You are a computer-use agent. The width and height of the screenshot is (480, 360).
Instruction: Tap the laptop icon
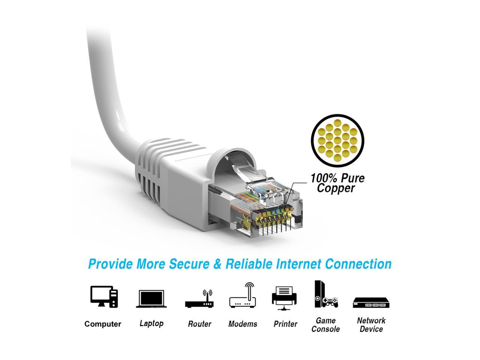click(150, 299)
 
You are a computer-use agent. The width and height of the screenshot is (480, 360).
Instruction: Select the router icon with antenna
click(199, 299)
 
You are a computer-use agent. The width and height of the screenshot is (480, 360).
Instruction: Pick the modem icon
click(243, 296)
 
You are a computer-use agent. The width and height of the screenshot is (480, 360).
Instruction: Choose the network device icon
click(371, 302)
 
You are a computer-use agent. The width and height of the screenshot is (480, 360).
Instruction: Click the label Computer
click(103, 324)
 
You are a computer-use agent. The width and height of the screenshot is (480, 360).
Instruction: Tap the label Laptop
click(151, 323)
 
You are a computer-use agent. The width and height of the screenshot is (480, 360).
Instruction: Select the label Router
click(199, 324)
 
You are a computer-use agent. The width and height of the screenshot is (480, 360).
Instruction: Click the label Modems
click(243, 324)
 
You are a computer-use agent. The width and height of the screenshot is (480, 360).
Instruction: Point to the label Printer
click(285, 324)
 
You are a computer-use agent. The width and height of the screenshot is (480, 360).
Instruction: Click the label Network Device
click(371, 325)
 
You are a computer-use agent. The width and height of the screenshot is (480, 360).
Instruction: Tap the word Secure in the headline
click(190, 264)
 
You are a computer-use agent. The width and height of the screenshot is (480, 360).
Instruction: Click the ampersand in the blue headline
click(217, 264)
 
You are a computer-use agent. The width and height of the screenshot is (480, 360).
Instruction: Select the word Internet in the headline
click(298, 264)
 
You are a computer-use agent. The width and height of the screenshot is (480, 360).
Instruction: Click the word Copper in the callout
click(336, 188)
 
